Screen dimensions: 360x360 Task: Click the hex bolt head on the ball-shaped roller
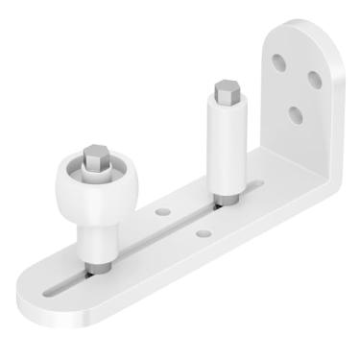pos(96,157)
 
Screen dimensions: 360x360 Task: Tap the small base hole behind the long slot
pos(163,210)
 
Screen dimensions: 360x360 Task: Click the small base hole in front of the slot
pos(201,232)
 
